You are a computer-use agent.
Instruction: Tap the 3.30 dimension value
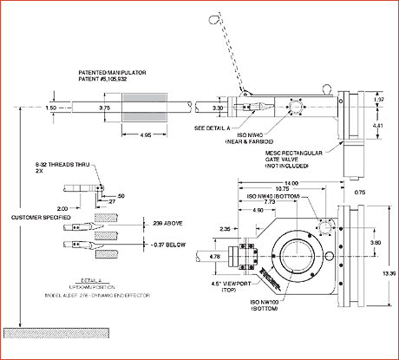click(x=218, y=108)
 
